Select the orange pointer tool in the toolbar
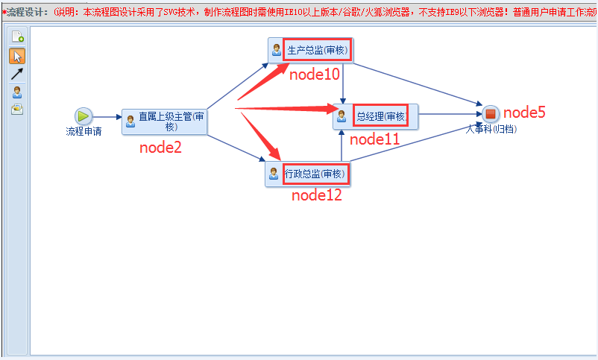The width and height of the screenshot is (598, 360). [17, 56]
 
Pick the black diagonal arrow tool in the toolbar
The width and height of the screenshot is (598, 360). [17, 74]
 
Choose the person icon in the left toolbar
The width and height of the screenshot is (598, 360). [17, 92]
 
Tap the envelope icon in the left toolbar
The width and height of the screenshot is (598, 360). [17, 109]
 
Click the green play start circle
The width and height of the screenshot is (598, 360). [84, 116]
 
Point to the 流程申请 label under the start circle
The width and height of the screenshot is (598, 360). [84, 132]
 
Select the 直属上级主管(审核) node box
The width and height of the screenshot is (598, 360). [164, 121]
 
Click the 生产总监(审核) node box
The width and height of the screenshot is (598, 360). [309, 51]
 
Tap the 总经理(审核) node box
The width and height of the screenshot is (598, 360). [375, 116]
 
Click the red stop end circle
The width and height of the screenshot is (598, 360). [490, 114]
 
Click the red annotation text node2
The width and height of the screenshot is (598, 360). [160, 148]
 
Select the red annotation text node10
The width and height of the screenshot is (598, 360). [315, 75]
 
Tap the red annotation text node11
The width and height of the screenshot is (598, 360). [374, 139]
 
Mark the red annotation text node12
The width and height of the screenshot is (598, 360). [316, 195]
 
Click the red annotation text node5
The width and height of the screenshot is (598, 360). [524, 113]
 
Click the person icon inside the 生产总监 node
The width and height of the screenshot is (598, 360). [277, 51]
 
